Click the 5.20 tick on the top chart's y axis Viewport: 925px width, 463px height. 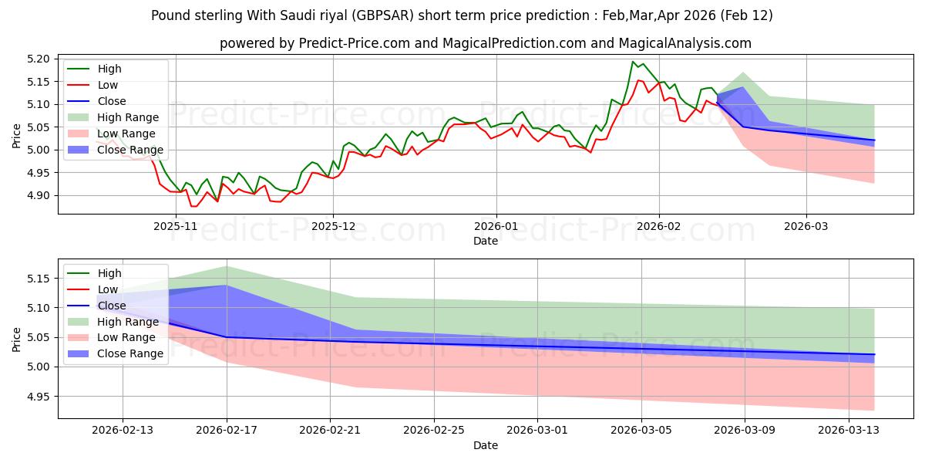39,59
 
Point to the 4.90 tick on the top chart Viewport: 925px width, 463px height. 39,196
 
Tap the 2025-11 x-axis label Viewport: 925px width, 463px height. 176,226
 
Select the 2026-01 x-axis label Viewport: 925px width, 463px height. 496,226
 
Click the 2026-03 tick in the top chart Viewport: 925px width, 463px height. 806,226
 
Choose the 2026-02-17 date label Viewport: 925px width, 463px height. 227,431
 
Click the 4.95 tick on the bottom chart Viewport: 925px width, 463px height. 39,397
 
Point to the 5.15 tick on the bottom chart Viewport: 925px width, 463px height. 39,279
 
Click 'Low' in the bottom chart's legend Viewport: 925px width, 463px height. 108,289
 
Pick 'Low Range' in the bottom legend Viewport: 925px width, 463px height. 123,337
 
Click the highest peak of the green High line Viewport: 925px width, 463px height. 633,62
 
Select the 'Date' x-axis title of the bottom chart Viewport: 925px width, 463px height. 486,445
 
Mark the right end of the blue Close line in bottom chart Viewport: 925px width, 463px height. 875,354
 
